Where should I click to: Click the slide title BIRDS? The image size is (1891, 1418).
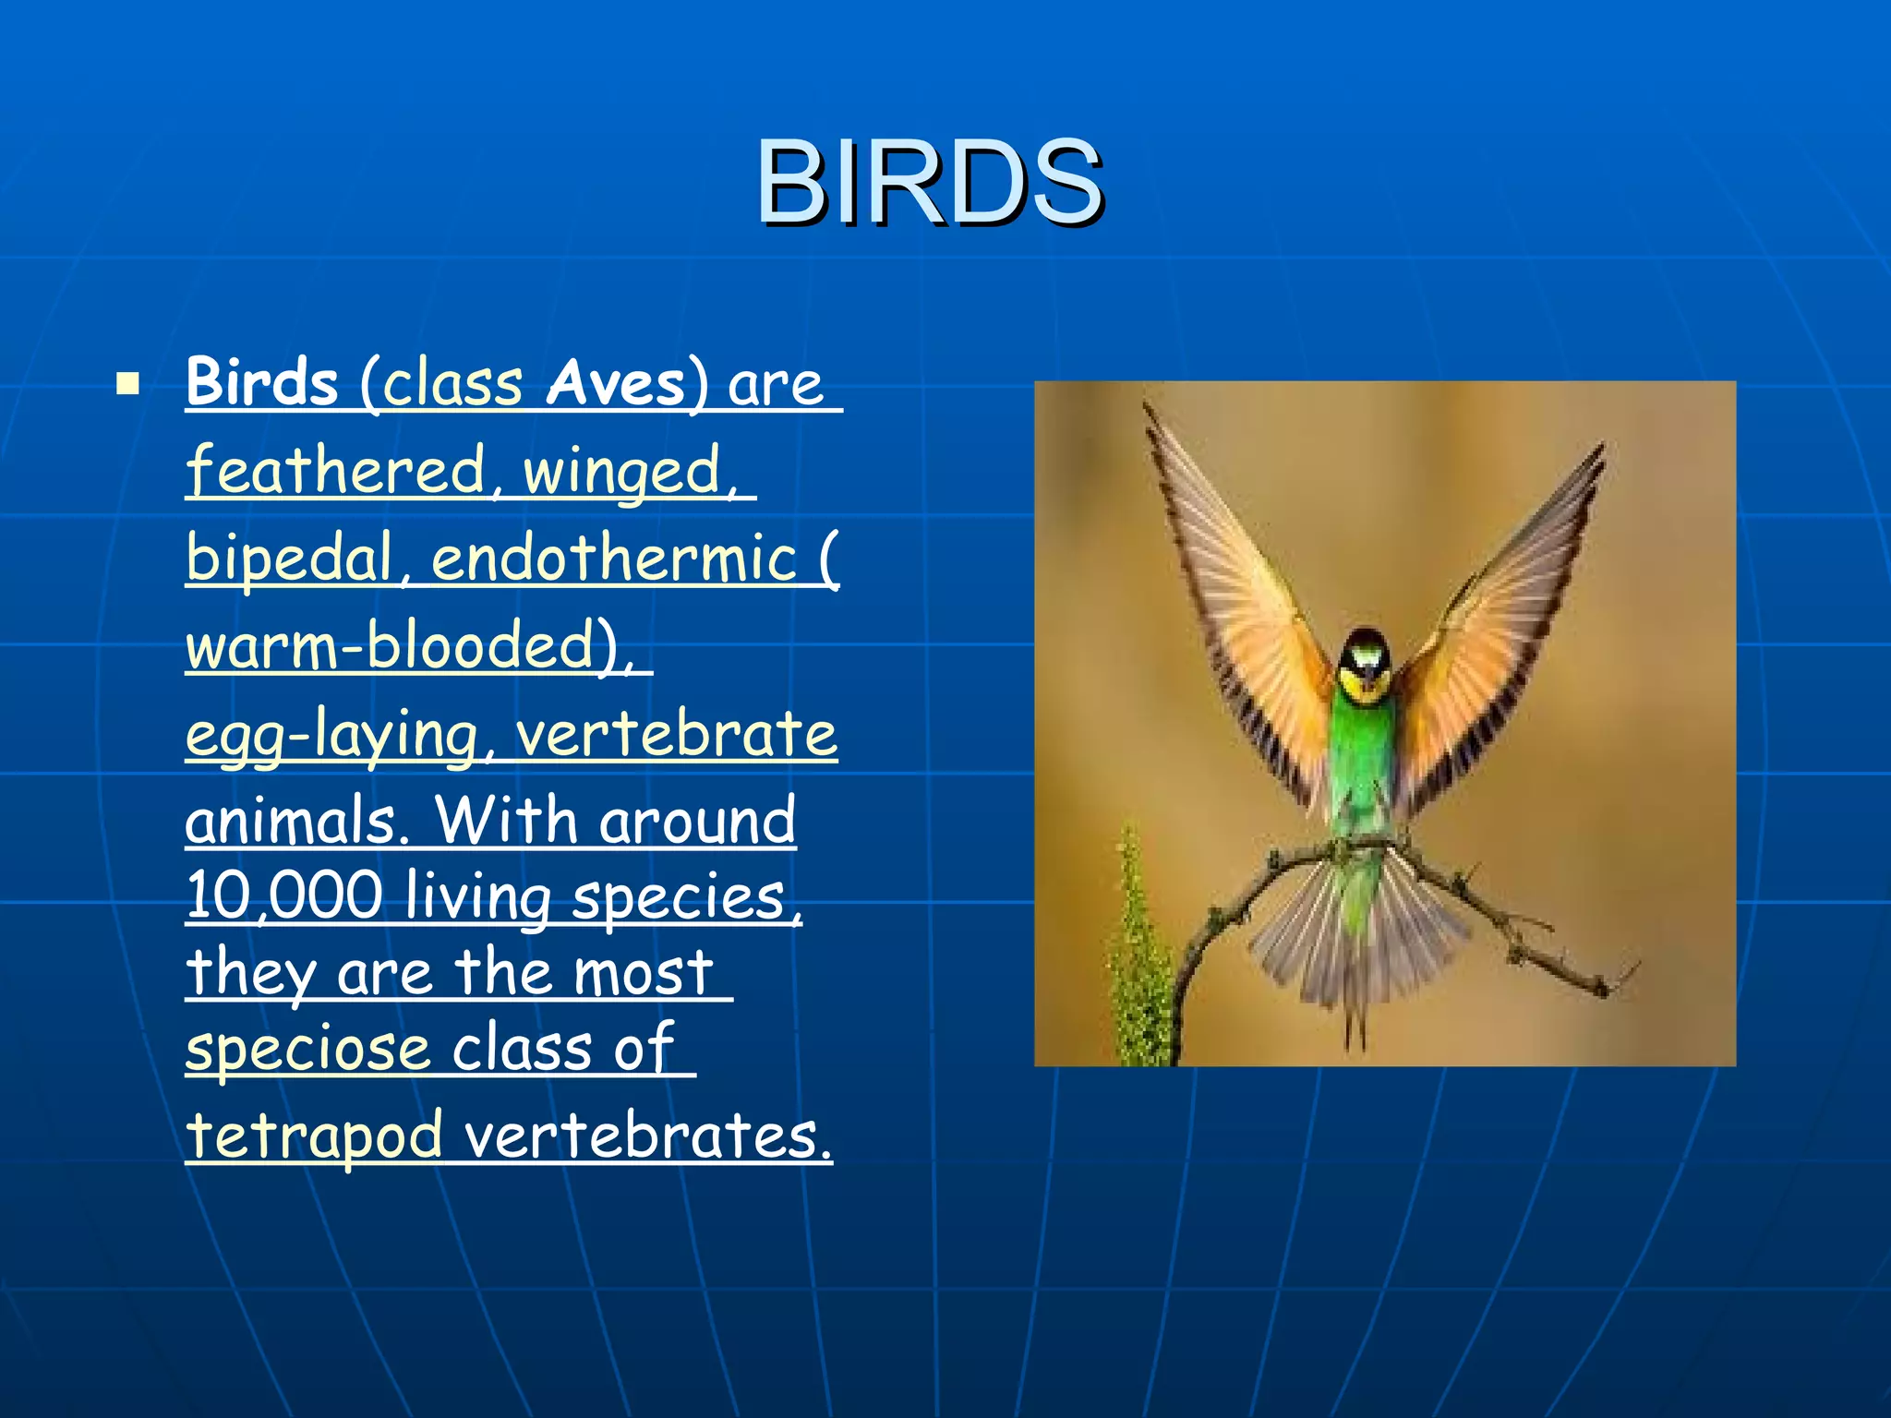click(929, 182)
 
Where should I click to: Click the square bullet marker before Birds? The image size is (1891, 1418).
click(128, 383)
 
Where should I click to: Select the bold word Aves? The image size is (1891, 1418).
click(616, 383)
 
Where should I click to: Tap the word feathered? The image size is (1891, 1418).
click(335, 470)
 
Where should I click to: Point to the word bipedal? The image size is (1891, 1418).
click(289, 559)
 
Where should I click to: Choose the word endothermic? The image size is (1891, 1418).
click(614, 558)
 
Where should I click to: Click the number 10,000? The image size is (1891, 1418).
click(283, 895)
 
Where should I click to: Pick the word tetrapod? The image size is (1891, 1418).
click(314, 1136)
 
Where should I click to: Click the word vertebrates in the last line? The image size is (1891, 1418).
click(646, 1136)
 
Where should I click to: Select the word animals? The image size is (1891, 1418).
click(292, 820)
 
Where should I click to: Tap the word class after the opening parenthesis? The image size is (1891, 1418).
click(452, 383)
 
